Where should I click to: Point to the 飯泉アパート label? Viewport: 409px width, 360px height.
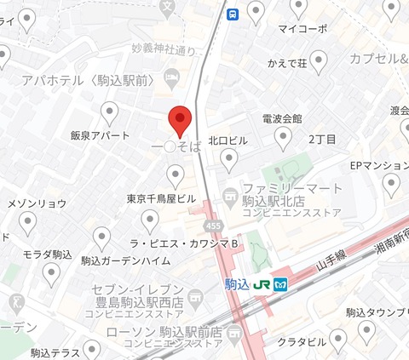click(x=101, y=135)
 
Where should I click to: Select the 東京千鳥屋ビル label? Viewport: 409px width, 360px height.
click(x=162, y=198)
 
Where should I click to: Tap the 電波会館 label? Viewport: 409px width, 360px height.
click(x=281, y=118)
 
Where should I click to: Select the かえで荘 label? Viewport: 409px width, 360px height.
click(x=287, y=62)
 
